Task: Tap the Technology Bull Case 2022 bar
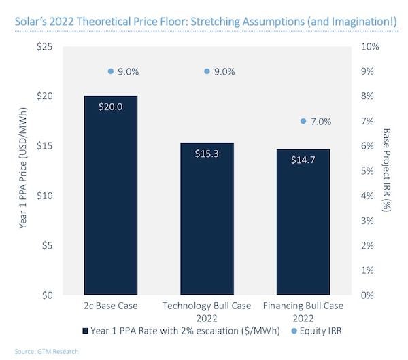click(x=206, y=224)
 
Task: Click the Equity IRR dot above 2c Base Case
click(x=111, y=71)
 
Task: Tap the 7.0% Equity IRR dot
click(x=303, y=121)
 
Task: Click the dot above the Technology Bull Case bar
click(x=207, y=71)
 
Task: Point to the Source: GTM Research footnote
click(x=41, y=352)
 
